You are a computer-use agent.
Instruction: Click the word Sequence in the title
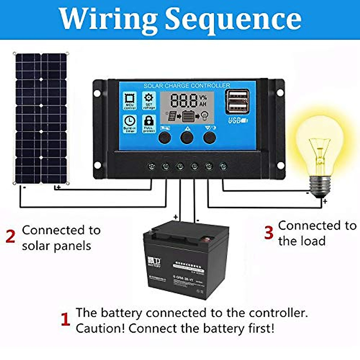click(x=233, y=20)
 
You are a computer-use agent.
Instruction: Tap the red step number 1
click(x=65, y=320)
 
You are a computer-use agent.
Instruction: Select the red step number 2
click(x=10, y=237)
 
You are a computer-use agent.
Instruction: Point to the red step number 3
click(x=269, y=232)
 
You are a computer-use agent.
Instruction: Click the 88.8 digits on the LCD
click(x=184, y=100)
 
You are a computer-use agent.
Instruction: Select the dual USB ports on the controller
click(x=237, y=101)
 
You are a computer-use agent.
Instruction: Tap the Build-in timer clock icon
click(x=130, y=123)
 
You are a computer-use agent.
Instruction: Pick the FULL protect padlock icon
click(x=149, y=123)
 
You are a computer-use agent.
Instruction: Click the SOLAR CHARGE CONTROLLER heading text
click(x=187, y=86)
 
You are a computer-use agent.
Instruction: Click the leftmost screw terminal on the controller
click(x=151, y=166)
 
